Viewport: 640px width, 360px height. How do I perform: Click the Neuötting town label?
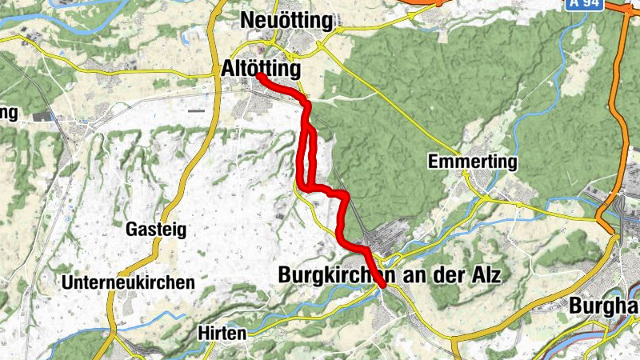tap(286, 20)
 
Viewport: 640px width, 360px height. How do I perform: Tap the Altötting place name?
tap(261, 70)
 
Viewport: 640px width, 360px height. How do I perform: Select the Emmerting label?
tap(473, 162)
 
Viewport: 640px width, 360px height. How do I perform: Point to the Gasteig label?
tap(156, 230)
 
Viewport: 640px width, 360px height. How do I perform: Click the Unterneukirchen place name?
tap(128, 282)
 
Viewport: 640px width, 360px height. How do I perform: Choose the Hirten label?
tap(222, 333)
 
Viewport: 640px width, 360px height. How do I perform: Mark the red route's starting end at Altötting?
tap(260, 76)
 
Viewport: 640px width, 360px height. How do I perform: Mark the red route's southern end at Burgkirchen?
tap(383, 285)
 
